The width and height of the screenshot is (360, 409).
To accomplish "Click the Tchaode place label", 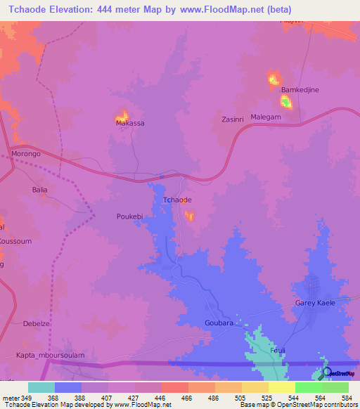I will pos(177,200).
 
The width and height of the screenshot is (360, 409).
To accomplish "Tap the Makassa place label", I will pos(130,123).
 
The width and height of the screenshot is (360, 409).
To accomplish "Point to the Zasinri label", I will pos(232,119).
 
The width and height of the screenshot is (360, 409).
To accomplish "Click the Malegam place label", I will pos(266,117).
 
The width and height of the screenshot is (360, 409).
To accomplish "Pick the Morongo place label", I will pos(26,153).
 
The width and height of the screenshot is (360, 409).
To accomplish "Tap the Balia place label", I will pos(39,190).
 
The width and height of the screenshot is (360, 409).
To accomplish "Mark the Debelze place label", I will pos(36,324).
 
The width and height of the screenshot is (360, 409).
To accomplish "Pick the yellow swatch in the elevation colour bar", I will pos(281,387).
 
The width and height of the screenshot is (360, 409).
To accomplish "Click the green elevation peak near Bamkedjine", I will pos(286,103).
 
